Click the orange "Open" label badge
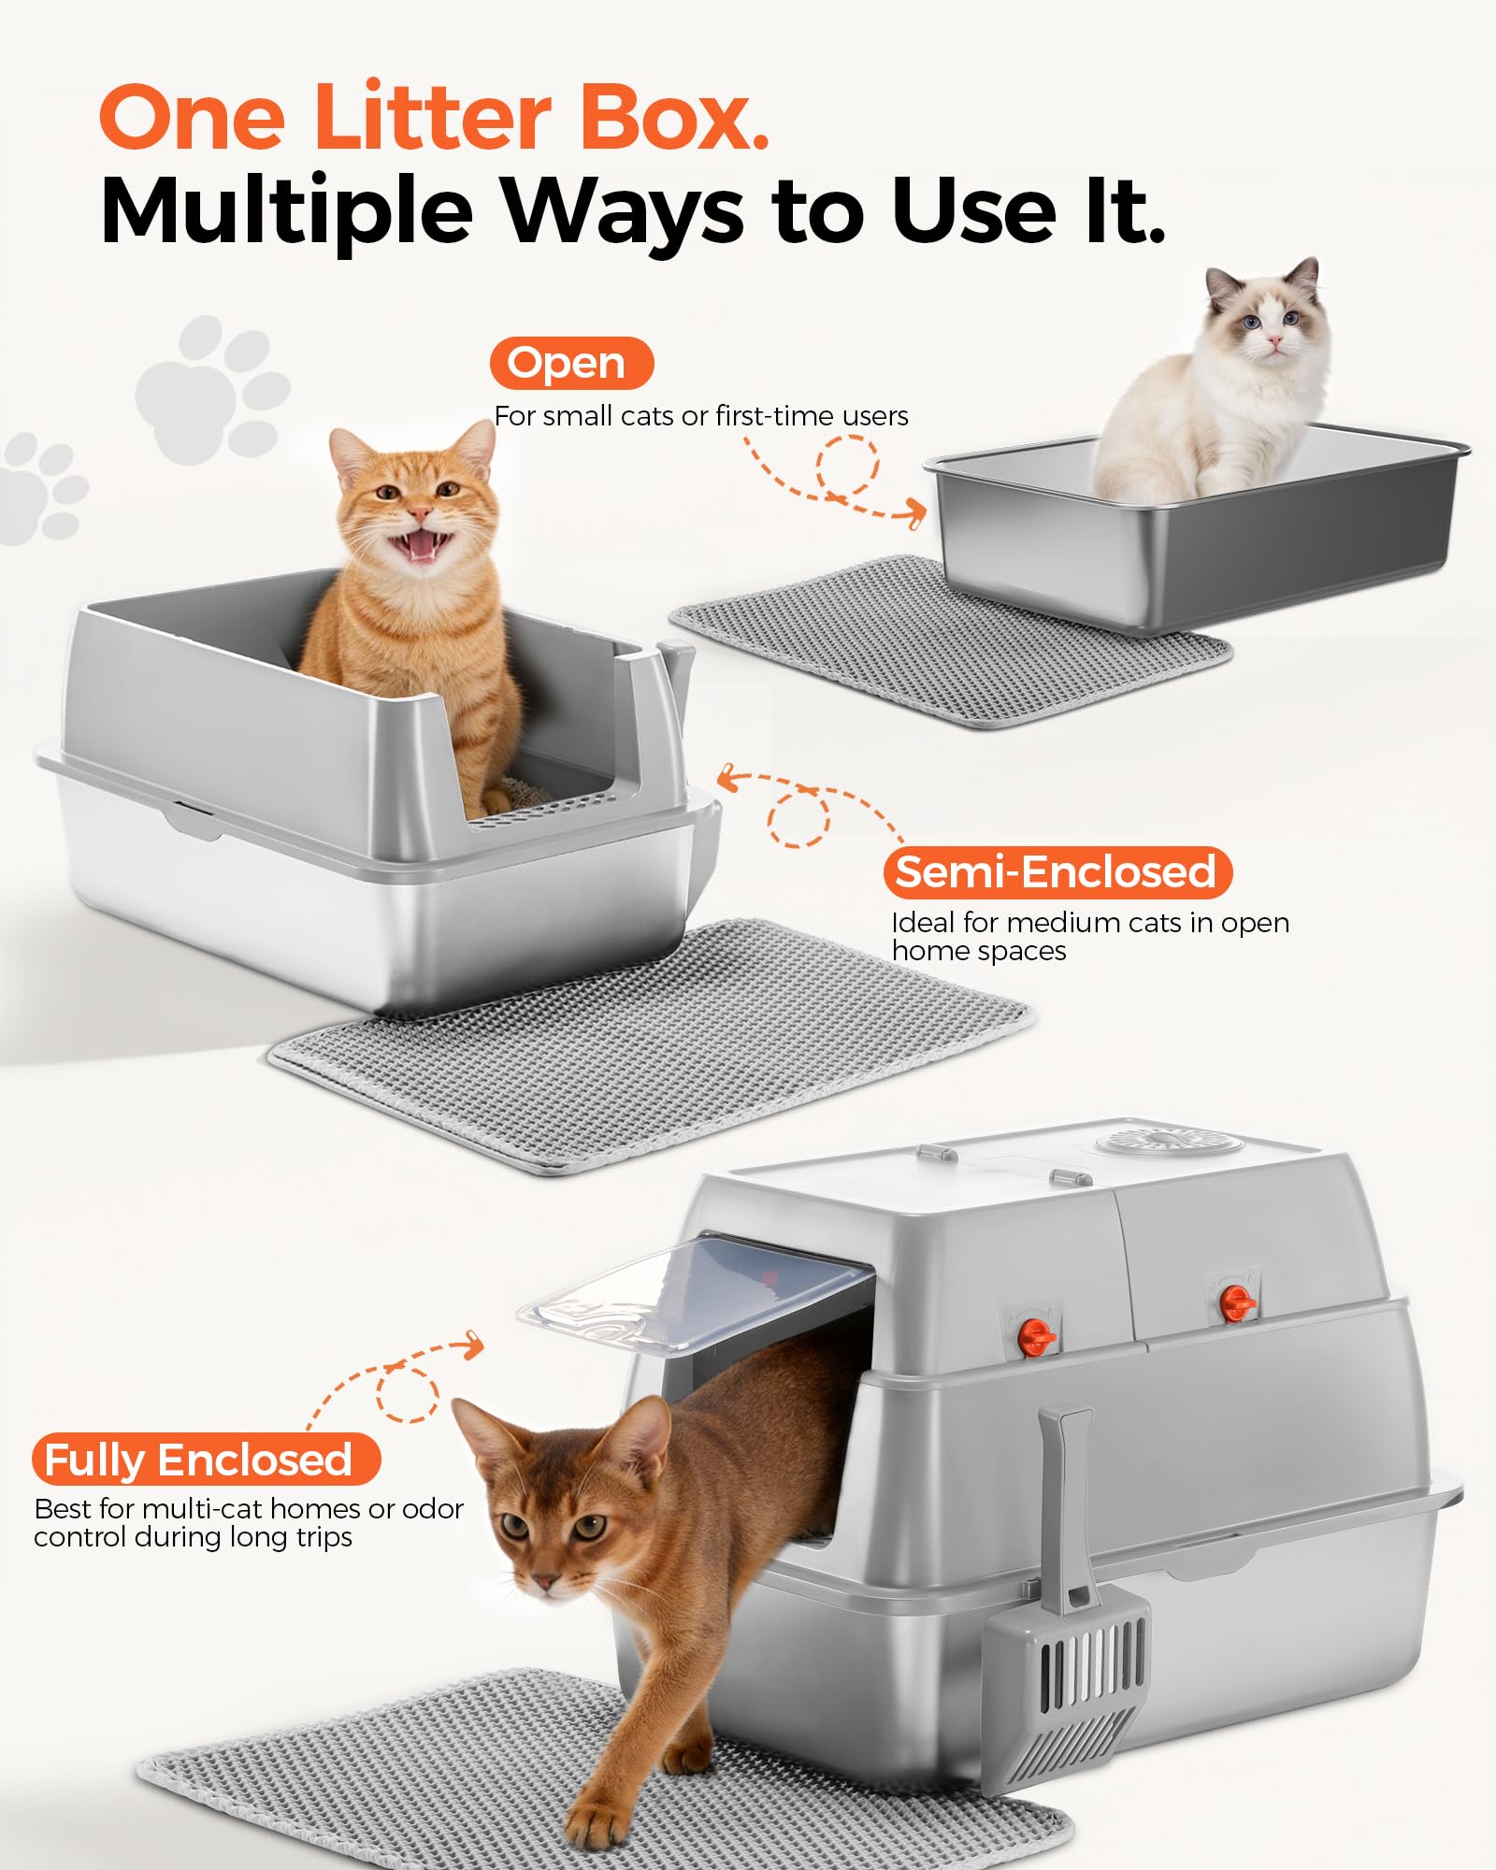pos(571,363)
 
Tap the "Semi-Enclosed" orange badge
pos(1057,871)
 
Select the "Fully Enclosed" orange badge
pos(207,1459)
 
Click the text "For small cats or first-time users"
pos(701,416)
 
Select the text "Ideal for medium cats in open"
pos(1090,923)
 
